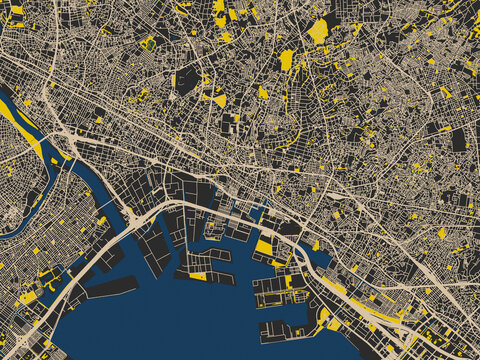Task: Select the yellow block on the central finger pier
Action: pos(198,276)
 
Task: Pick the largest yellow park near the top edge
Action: pos(318,31)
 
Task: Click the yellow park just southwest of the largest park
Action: pos(286,60)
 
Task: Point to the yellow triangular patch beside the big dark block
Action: pos(219,100)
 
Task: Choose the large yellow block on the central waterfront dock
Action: pos(263,247)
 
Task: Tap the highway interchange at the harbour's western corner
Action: pos(131,213)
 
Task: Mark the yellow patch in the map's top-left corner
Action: pos(16,10)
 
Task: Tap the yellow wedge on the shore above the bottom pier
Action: pos(323,317)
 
